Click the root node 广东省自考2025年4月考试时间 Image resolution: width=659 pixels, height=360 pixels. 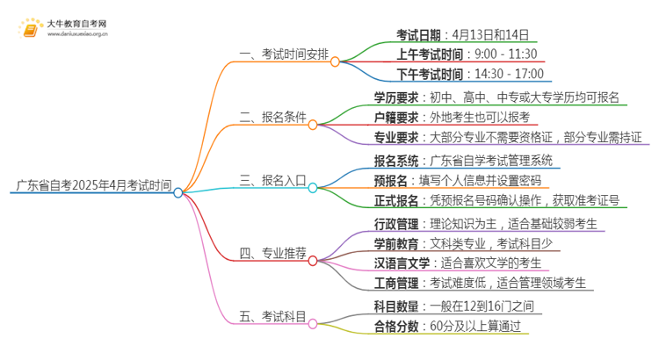pyautogui.click(x=93, y=185)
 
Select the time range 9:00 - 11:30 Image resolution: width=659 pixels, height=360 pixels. pyautogui.click(x=506, y=54)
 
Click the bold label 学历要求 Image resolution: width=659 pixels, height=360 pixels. pyautogui.click(x=395, y=97)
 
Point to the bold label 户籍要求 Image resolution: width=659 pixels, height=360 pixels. pyautogui.click(x=395, y=117)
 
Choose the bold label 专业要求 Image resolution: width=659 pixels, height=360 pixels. pyautogui.click(x=395, y=137)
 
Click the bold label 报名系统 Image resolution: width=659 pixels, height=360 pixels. pyautogui.click(x=395, y=161)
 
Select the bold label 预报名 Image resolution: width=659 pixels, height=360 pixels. pyautogui.click(x=390, y=181)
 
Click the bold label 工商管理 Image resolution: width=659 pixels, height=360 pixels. pyautogui.click(x=395, y=283)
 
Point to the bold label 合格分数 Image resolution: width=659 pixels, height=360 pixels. pyautogui.click(x=395, y=326)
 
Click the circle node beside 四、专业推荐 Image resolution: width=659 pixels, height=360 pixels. pyautogui.click(x=313, y=261)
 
